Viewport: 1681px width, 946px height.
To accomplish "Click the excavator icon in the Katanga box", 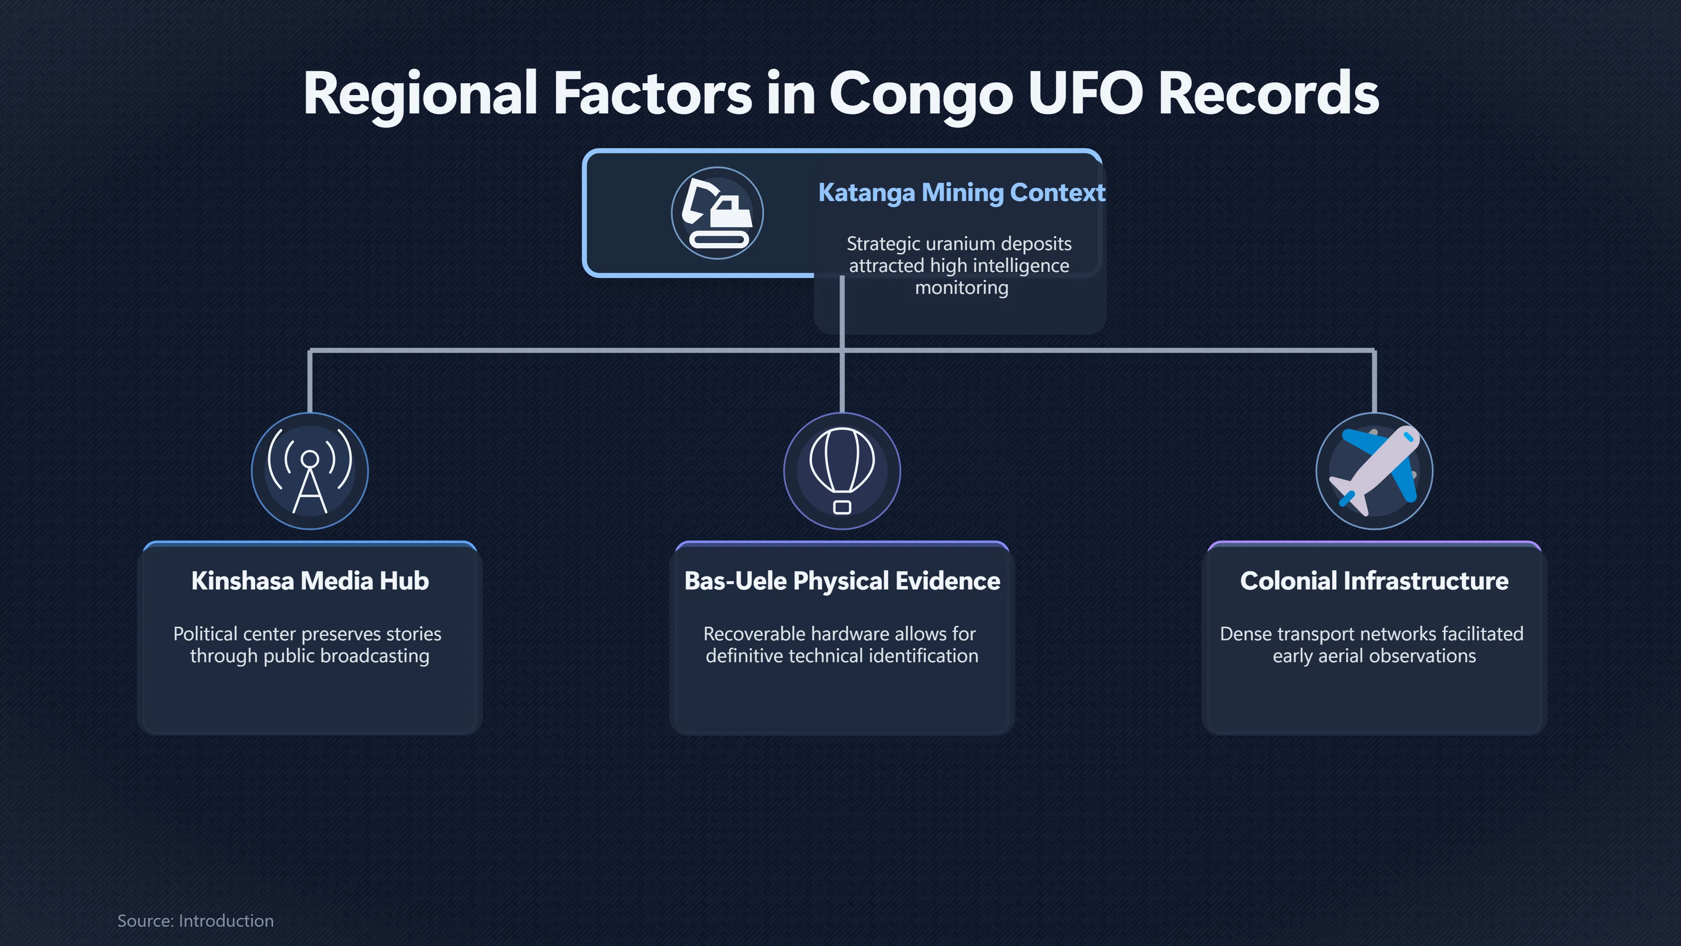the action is pos(717,213).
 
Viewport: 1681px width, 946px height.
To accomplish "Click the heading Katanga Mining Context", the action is pos(961,193).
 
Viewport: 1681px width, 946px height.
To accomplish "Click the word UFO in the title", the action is pos(1085,93).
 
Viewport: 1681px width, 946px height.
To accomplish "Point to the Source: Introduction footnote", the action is pos(195,921).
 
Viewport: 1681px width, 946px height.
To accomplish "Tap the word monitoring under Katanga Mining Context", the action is pos(961,288).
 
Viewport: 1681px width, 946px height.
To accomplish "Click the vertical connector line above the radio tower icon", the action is pos(310,381).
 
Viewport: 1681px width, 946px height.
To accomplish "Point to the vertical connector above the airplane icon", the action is pos(1374,381).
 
